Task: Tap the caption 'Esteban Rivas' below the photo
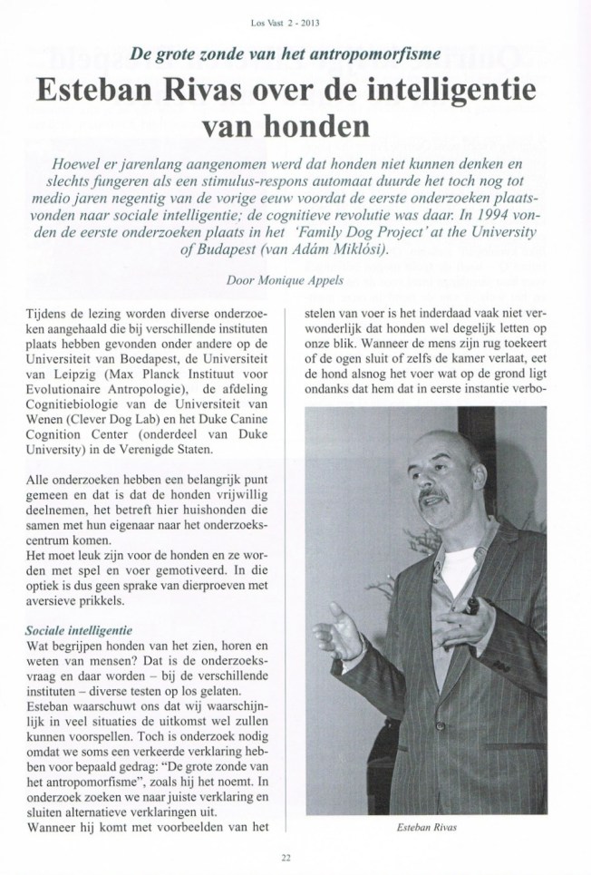click(432, 827)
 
